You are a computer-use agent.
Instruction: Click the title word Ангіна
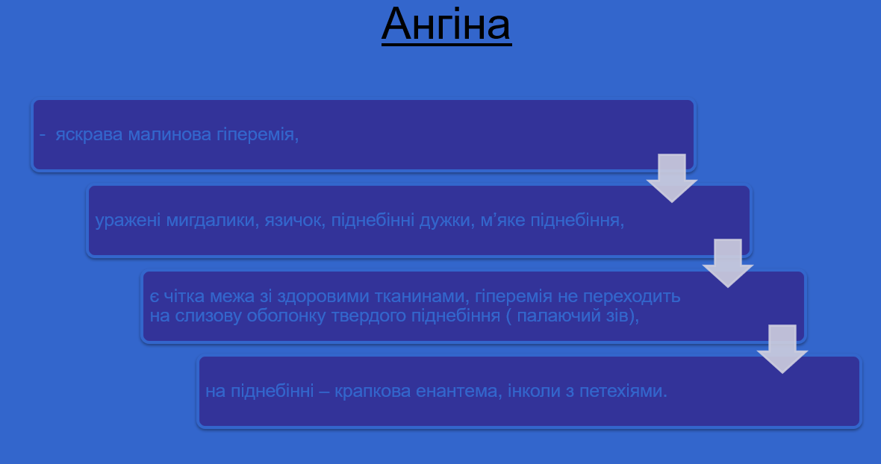[x=446, y=25]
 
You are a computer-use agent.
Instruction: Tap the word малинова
[x=159, y=135]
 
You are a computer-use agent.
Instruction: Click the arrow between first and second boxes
[x=672, y=178]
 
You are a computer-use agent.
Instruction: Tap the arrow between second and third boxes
[x=727, y=263]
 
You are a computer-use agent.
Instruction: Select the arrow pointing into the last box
[x=782, y=348]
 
